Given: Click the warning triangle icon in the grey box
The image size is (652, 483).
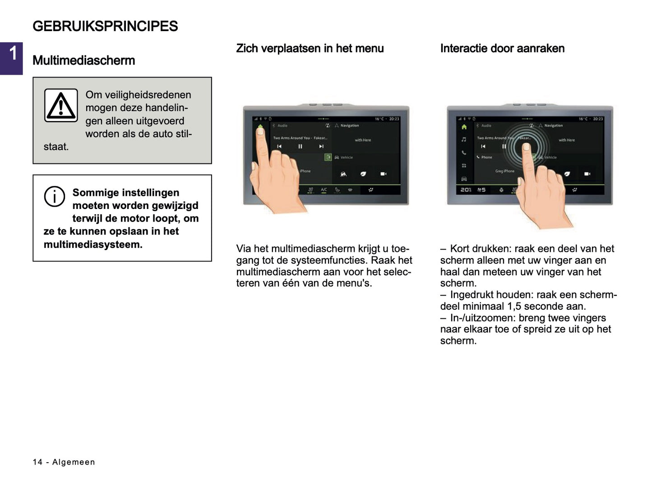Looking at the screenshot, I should click(x=61, y=105).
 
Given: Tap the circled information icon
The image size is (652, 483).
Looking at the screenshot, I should click(x=54, y=196).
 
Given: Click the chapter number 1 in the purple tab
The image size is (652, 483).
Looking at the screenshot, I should click(x=13, y=53).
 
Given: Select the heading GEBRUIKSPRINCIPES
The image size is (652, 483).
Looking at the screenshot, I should click(x=105, y=26).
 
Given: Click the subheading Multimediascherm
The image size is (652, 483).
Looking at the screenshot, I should click(x=83, y=60).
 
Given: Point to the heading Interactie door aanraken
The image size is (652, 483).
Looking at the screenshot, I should click(x=502, y=48).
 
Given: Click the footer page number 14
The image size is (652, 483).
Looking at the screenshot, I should click(x=37, y=462).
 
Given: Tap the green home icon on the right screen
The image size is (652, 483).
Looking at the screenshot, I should click(x=464, y=127).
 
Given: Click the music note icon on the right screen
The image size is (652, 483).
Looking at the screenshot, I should click(x=464, y=140).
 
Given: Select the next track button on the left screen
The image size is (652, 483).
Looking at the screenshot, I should click(x=321, y=146).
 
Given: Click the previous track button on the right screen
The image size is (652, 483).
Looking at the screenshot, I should click(x=483, y=146).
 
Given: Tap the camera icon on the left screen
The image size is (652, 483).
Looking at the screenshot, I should click(x=383, y=174).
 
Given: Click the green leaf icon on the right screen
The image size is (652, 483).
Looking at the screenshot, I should click(x=567, y=174).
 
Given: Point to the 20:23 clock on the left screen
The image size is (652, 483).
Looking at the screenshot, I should click(x=394, y=119).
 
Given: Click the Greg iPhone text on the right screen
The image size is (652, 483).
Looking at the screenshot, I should click(x=504, y=171).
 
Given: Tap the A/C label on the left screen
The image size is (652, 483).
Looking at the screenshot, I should click(x=324, y=190).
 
